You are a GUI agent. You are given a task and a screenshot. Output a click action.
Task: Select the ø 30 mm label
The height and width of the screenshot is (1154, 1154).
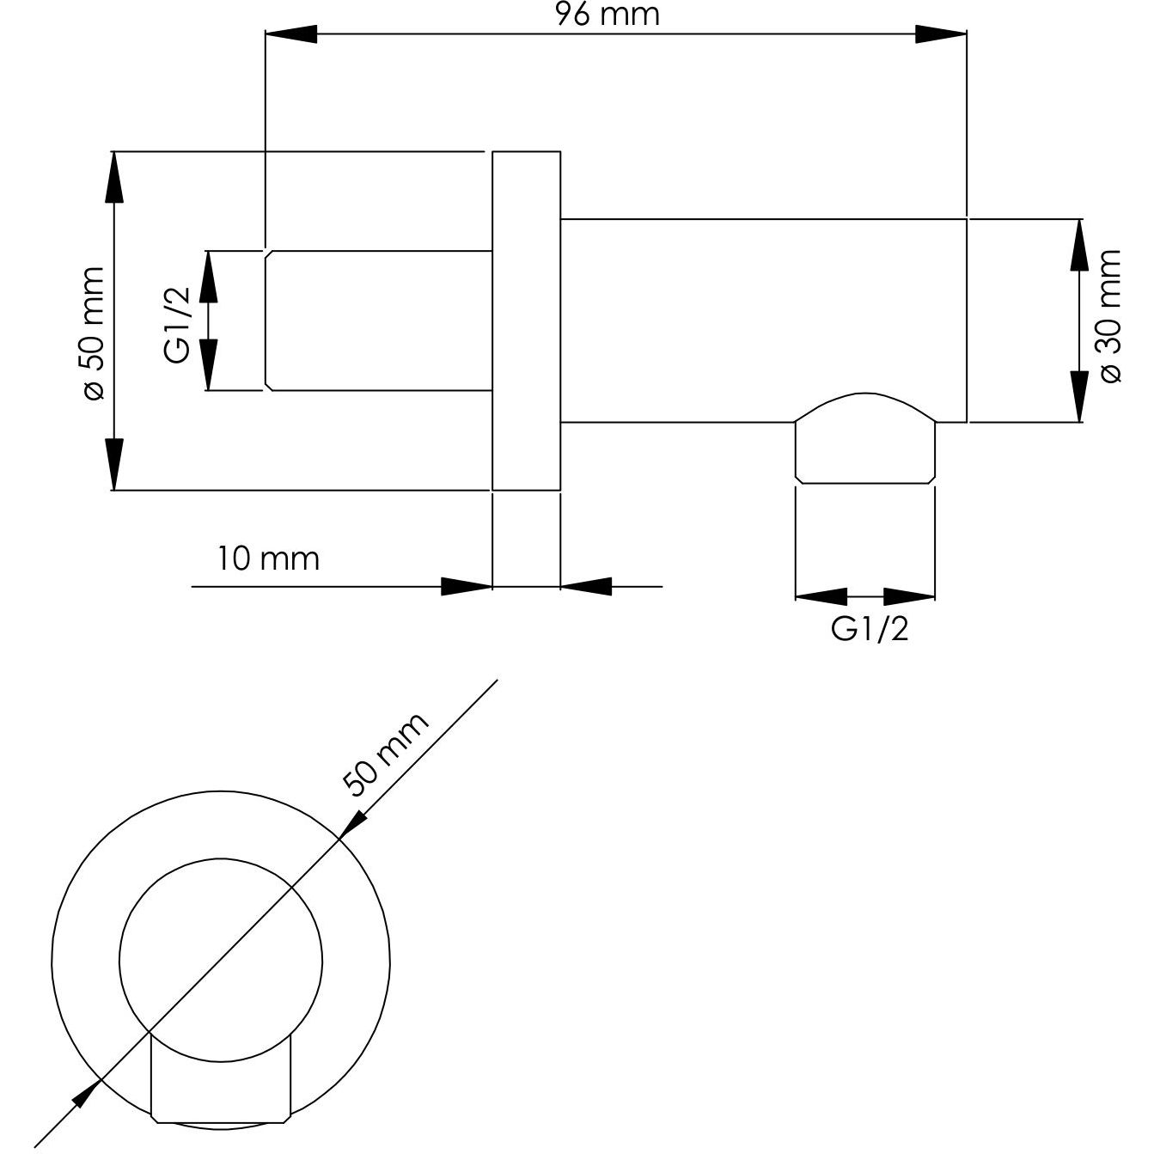tap(1109, 316)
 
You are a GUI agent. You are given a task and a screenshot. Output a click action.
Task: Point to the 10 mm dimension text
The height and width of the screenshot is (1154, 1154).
tap(268, 559)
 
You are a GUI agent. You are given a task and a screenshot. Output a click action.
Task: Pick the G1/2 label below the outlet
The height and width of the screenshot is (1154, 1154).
tap(869, 630)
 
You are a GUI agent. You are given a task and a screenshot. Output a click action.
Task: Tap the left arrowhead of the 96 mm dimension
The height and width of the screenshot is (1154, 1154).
tap(291, 34)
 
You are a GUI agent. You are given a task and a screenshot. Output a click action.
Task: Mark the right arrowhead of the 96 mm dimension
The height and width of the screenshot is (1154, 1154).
tap(942, 34)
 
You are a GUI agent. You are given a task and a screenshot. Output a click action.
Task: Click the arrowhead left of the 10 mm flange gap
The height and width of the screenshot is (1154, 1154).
tap(466, 587)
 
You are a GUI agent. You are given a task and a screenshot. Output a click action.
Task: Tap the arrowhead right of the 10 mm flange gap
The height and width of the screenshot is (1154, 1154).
tap(586, 587)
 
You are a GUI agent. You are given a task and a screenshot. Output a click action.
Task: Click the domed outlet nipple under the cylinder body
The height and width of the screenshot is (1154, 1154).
tap(864, 438)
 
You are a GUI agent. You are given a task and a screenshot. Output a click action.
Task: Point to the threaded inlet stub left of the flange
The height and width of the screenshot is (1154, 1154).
tap(378, 321)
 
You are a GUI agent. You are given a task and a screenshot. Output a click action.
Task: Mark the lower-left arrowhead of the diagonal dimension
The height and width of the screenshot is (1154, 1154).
tap(86, 1093)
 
